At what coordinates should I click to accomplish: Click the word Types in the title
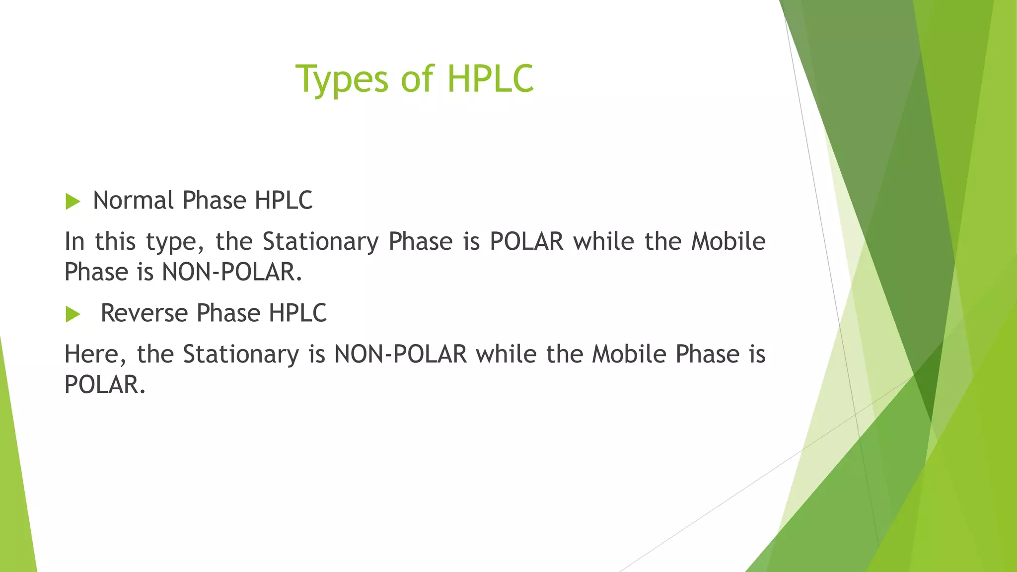tap(342, 79)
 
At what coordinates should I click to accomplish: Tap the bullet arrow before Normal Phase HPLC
tap(73, 202)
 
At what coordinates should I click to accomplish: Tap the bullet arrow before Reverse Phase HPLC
tap(73, 314)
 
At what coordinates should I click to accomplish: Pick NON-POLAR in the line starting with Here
tap(400, 355)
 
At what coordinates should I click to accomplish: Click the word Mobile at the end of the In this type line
tap(728, 242)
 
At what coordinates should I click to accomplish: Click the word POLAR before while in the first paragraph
tap(526, 242)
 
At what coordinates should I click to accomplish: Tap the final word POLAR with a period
tap(104, 385)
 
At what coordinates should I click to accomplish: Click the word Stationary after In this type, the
tap(320, 242)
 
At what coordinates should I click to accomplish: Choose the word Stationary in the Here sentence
tap(241, 355)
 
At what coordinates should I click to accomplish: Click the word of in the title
tap(417, 79)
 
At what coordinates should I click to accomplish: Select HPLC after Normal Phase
tap(284, 201)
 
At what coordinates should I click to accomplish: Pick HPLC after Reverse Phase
tap(297, 313)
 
